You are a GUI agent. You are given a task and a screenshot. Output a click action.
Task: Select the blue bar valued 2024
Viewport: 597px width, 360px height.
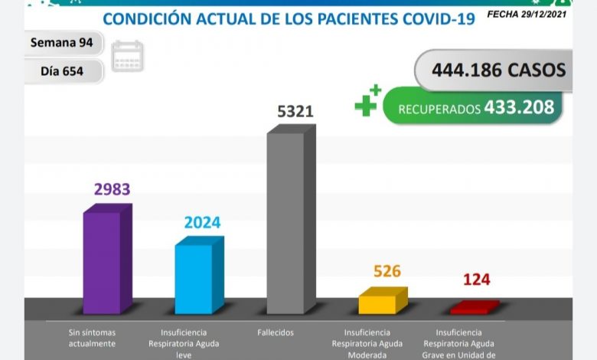click(x=194, y=279)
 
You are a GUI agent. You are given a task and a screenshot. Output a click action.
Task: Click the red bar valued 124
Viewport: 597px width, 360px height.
click(x=471, y=308)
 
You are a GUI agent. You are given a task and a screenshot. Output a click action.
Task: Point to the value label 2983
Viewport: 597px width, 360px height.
click(x=113, y=189)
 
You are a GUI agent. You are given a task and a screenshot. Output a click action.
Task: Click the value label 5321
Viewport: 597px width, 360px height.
click(x=295, y=112)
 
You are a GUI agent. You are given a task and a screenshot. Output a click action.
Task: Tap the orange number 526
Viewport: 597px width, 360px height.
click(x=387, y=271)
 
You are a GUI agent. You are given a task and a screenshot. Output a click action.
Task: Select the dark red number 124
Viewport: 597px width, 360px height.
click(x=477, y=280)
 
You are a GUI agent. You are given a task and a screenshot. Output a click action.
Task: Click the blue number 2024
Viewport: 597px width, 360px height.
click(x=202, y=223)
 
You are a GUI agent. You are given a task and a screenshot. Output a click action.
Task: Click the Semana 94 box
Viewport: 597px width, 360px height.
click(x=62, y=43)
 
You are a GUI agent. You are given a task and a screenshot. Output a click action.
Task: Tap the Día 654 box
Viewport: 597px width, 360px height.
click(x=62, y=72)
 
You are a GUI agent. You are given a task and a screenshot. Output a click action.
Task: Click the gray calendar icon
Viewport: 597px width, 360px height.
click(x=127, y=57)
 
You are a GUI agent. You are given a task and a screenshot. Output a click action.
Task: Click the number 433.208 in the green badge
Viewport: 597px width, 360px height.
click(x=519, y=107)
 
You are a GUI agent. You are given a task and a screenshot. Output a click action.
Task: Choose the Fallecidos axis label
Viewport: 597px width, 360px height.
click(x=276, y=332)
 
